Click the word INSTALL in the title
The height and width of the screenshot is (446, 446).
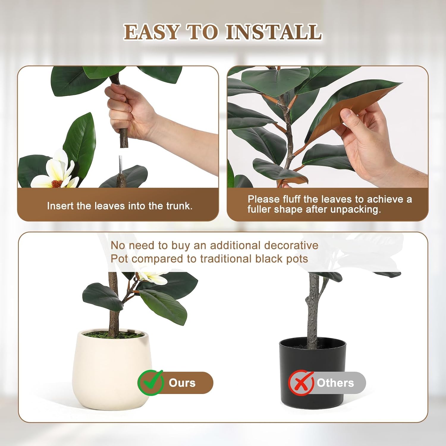[x=273, y=32]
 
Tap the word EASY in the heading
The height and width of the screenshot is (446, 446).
[x=152, y=32]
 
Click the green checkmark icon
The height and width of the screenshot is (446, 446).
[x=150, y=382]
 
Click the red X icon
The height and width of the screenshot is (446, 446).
[x=301, y=383]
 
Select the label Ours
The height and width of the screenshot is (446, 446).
[x=182, y=383]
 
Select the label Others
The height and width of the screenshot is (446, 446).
[x=335, y=383]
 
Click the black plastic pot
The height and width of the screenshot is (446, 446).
[x=312, y=363]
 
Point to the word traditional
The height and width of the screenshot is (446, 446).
[x=226, y=259]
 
